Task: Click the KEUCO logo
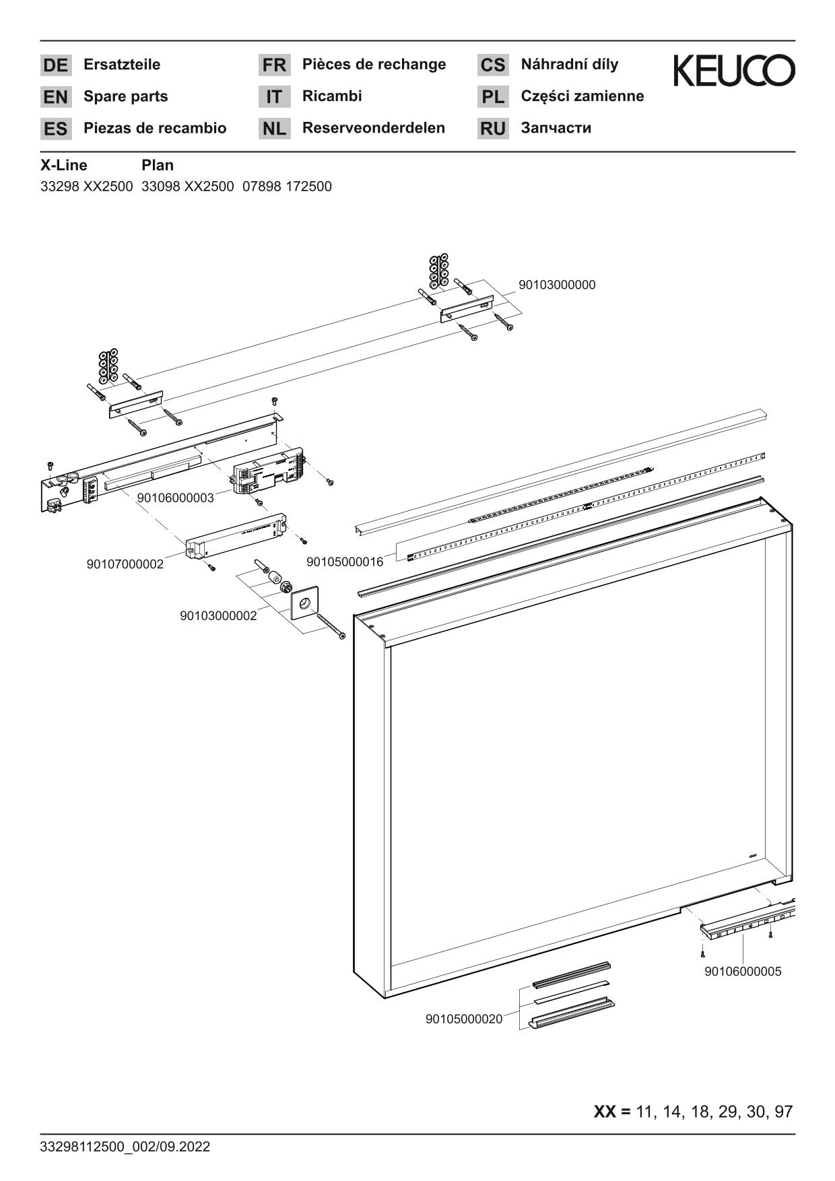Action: [x=733, y=70]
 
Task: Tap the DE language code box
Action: [x=55, y=65]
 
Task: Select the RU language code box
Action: [x=493, y=129]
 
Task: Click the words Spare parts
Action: [x=125, y=96]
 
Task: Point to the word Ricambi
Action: [x=332, y=96]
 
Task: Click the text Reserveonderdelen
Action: [x=373, y=128]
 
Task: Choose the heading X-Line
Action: [x=64, y=165]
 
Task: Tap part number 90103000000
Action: [x=557, y=285]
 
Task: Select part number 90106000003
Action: [x=175, y=498]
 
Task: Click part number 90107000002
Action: [x=125, y=564]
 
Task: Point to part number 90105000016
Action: [x=345, y=562]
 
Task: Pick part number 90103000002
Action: [x=218, y=616]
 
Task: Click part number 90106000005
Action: [x=743, y=972]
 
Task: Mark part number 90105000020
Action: [x=464, y=1019]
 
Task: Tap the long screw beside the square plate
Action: [x=331, y=627]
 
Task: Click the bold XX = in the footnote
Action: [x=611, y=1112]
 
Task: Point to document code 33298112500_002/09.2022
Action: [x=125, y=1147]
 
